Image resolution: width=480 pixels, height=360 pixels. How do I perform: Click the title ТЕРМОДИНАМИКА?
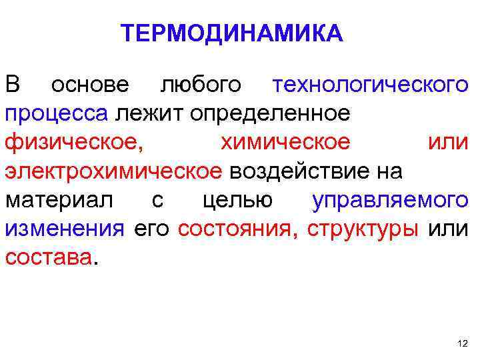click(x=232, y=33)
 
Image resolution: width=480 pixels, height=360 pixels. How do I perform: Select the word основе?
click(x=92, y=85)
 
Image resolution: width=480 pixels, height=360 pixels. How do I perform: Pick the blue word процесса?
click(x=57, y=113)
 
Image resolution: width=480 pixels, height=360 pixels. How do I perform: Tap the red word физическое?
click(x=73, y=142)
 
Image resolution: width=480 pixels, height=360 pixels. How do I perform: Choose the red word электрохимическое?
click(x=115, y=171)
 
